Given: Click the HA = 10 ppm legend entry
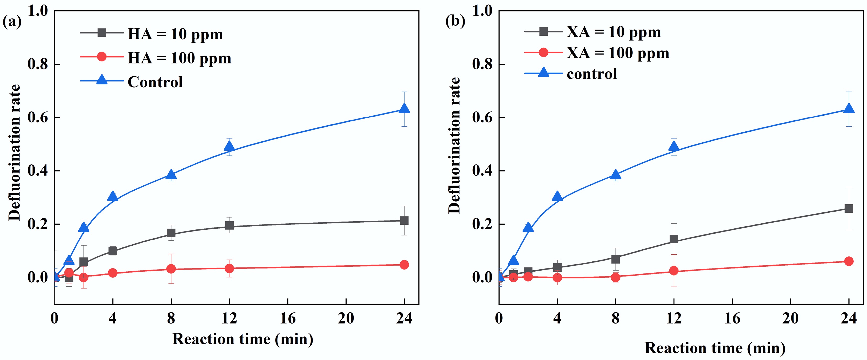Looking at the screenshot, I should tap(175, 34).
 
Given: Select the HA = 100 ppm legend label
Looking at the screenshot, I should tap(179, 58).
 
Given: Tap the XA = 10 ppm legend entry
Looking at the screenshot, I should tap(613, 32).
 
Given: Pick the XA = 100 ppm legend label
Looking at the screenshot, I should tap(618, 53).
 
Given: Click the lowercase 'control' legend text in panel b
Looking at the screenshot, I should tap(592, 74).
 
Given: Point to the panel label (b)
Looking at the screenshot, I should tap(455, 22).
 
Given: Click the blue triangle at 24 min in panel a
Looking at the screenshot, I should tap(404, 108).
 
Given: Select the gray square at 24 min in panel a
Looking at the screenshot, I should tap(404, 221).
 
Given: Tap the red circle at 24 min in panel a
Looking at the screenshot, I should tap(404, 265).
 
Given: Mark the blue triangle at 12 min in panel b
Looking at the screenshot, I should tap(674, 146).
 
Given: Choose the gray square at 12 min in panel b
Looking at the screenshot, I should tap(674, 239).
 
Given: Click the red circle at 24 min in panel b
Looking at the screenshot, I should tap(849, 261).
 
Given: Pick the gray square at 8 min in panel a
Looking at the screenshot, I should tap(171, 233).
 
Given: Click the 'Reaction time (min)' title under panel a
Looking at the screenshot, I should tap(243, 339).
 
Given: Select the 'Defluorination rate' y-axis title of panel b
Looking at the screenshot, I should tap(454, 145).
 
